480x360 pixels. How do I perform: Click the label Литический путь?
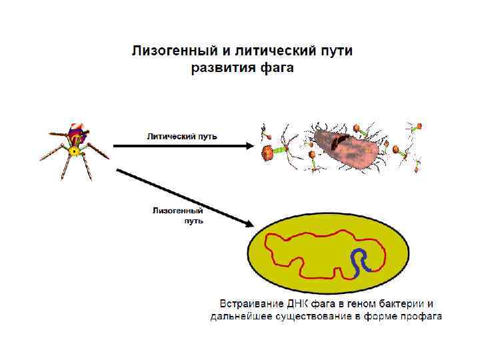pos(182,137)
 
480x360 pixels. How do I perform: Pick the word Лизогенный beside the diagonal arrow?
pos(177,211)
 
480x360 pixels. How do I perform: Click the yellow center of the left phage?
pos(75,151)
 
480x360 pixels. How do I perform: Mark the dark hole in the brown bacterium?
pos(341,139)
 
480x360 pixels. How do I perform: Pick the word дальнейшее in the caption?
pos(241,316)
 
